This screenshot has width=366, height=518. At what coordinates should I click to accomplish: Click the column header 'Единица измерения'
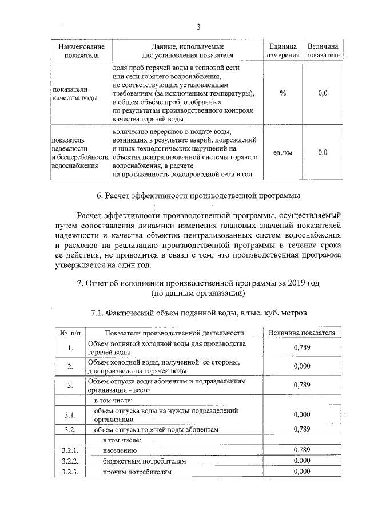pos(283,50)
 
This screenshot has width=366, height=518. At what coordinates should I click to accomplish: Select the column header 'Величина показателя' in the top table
pos(323,50)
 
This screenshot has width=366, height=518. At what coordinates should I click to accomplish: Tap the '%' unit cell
pos(283,93)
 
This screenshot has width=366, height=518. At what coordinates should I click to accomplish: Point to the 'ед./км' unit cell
pos(283,152)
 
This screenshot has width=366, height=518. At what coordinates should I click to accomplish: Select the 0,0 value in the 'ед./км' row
pos(323,152)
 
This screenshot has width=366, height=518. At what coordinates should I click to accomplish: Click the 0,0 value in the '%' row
pos(323,93)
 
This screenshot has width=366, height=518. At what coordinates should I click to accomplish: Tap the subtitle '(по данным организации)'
pos(198,294)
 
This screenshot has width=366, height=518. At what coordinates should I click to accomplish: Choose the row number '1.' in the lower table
pos(70,348)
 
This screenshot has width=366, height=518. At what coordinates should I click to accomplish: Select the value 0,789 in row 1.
pos(301,347)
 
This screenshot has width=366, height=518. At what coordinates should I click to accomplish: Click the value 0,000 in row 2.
pos(301,366)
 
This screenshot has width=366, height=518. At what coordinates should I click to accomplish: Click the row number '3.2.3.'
pos(70,472)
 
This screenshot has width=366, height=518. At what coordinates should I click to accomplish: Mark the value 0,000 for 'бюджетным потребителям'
pos(301,461)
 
